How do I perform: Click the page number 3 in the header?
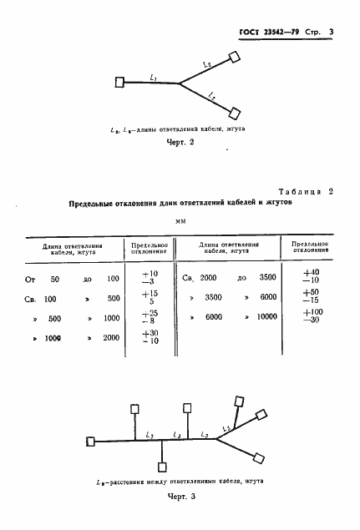tap(331, 33)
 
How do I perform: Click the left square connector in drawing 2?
tap(121, 82)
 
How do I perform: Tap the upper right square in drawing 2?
tap(236, 57)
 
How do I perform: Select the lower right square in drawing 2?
tap(236, 111)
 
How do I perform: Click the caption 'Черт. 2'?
tap(180, 143)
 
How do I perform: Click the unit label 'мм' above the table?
tap(180, 221)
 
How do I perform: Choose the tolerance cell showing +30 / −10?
tap(150, 336)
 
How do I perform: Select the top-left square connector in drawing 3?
tap(135, 409)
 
